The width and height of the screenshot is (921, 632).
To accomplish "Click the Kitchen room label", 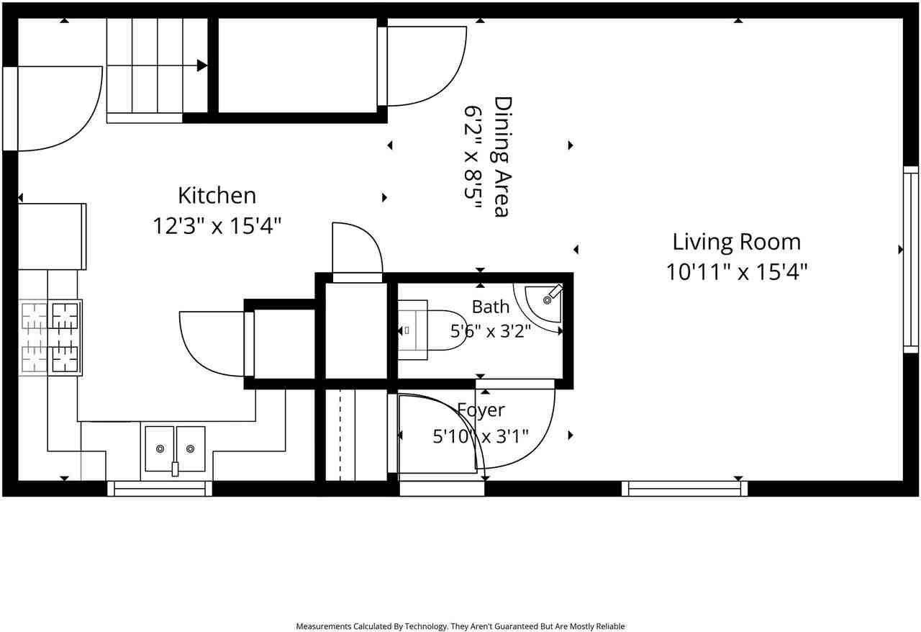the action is pos(217,196).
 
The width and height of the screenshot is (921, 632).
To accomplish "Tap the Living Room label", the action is pos(736,242).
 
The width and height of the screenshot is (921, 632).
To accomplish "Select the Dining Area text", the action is pos(502,157).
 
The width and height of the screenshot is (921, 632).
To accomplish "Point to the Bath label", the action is pos(491,307).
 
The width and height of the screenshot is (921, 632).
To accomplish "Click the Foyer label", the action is pos(481,410).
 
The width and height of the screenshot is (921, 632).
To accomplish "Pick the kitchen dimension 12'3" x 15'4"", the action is pos(217,226).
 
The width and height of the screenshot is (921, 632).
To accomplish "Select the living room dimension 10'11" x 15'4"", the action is pos(736,272).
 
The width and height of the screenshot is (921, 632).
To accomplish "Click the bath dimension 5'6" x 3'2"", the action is pos(491,330).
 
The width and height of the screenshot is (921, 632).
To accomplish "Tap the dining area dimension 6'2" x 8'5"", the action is pos(473,157).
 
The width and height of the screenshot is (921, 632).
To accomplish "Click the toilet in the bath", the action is pos(431,330).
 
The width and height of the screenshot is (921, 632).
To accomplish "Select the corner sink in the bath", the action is pos(543,304).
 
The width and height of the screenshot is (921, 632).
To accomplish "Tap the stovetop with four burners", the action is pos(50,338).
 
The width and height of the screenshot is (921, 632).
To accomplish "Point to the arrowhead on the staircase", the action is pos(202,66).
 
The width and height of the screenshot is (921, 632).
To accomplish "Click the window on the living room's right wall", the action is pos(911,259).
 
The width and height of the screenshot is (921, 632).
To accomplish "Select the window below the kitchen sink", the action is pos(160,489).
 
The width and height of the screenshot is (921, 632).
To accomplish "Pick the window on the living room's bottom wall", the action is pos(684,489).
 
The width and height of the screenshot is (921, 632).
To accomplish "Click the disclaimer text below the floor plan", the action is pos(460,626).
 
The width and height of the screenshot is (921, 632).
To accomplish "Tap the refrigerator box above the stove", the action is pos(53,237).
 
